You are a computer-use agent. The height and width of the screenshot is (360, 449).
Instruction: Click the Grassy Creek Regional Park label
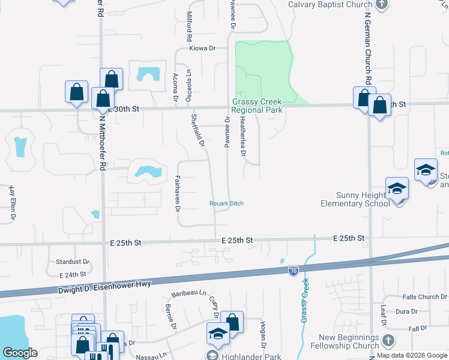tap(258, 106)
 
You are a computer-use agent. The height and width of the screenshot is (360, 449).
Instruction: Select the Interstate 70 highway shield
tap(293, 271)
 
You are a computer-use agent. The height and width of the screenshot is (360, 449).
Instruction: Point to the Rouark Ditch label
tap(226, 203)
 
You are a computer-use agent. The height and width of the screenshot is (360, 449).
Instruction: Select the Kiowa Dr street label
tap(202, 48)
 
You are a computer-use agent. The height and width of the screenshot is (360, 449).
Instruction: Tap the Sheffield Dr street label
tap(199, 131)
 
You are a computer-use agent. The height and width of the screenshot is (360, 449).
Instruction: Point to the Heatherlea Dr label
tap(243, 137)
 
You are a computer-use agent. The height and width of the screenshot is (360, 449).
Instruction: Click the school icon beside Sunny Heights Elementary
tap(397, 189)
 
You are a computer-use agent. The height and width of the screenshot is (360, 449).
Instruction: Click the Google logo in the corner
tap(20, 353)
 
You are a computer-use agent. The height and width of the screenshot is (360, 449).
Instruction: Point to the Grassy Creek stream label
tap(305, 299)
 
